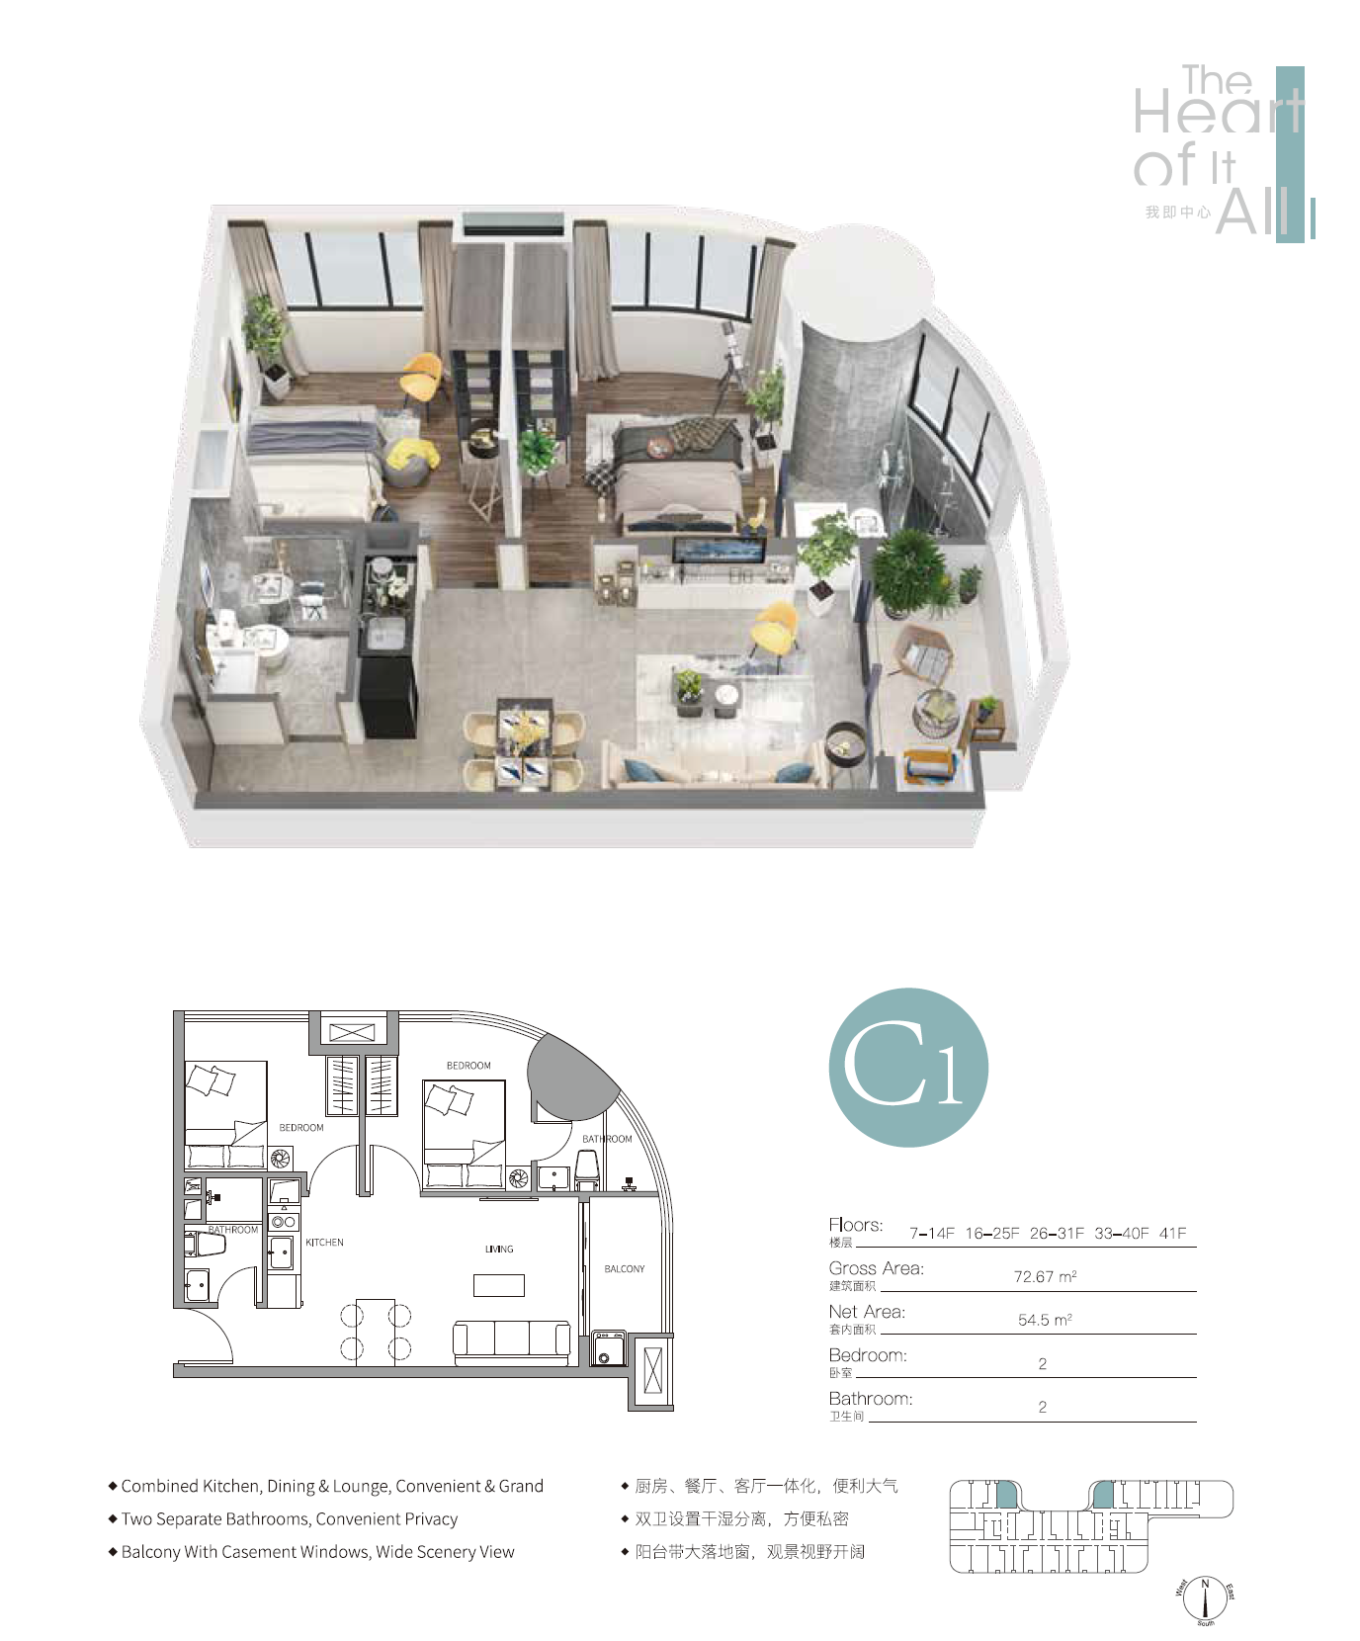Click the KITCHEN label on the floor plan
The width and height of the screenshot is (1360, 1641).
pos(324,1243)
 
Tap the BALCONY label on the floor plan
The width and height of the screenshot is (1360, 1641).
pos(625,1268)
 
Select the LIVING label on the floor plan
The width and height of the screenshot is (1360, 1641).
pos(499,1250)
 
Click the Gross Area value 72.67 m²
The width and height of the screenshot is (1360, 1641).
pos(1045,1276)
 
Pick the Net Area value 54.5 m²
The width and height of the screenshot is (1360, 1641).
pos(1045,1320)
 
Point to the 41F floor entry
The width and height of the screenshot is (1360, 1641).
pos(1173,1233)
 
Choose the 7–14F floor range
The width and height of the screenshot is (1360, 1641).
pos(932,1233)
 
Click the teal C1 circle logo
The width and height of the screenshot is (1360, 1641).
pos(908,1068)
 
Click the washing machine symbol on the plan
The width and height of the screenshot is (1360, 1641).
pos(609,1349)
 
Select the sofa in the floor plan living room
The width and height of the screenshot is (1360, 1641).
pos(512,1343)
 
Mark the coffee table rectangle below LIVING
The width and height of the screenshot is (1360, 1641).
pos(499,1285)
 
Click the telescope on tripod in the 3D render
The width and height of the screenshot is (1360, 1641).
pos(729,366)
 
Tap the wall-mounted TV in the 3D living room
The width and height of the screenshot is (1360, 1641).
pos(719,552)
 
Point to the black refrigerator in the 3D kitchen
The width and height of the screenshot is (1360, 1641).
pos(387,682)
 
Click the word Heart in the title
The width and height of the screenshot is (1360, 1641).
pos(1218,111)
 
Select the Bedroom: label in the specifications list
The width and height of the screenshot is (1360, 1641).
pos(868,1355)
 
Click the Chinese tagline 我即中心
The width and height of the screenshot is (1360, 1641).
pos(1177,213)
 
